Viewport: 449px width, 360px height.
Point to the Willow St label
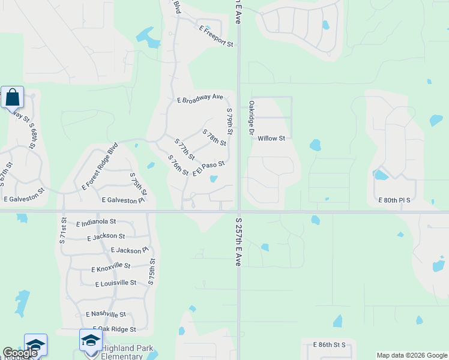271,138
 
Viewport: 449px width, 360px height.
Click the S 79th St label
229,122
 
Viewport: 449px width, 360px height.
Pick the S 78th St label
214,138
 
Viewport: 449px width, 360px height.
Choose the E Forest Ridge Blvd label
100,166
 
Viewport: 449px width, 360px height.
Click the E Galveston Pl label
124,200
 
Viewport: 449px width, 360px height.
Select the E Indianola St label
96,223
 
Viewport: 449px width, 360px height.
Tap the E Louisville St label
116,283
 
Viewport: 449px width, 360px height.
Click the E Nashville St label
106,314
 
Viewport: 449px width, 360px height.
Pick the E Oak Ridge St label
112,329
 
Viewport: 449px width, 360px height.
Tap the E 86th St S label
330,345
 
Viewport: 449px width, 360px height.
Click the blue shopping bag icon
12,97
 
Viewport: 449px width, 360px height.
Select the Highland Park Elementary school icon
91,340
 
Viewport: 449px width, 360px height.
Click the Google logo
20,353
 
